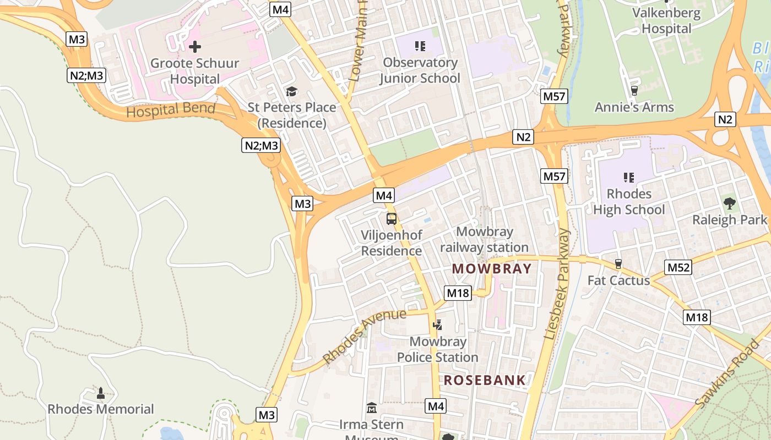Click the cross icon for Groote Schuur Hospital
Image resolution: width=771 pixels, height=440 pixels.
(x=194, y=47)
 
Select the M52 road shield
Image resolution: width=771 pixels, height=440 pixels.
(x=678, y=267)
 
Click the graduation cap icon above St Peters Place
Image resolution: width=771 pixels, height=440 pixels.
(x=291, y=91)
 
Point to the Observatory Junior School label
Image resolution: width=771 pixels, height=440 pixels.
(x=420, y=70)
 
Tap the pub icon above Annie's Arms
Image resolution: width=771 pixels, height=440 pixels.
(x=634, y=91)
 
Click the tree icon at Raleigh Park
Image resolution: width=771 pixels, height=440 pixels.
(x=730, y=204)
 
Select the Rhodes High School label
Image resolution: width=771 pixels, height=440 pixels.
(x=629, y=202)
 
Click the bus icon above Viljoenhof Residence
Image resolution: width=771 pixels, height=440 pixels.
(x=392, y=219)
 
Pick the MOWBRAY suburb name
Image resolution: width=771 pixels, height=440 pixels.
(x=492, y=269)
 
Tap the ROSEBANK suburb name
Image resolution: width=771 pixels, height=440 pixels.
(x=485, y=380)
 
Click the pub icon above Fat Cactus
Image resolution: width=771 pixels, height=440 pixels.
(x=618, y=264)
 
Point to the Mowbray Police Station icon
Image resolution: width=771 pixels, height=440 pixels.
(x=438, y=325)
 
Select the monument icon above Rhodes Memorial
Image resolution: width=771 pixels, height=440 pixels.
(x=100, y=393)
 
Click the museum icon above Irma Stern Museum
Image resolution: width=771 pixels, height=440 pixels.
(x=372, y=408)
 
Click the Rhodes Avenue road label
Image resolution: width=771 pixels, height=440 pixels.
(x=365, y=335)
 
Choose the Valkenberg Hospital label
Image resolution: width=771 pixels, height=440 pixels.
(x=666, y=21)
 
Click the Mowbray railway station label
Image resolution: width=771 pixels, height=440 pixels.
(x=484, y=240)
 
